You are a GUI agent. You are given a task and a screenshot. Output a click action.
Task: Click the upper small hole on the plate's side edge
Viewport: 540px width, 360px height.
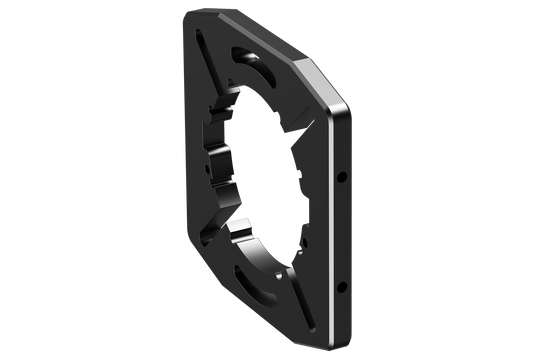click(x=341, y=176)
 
